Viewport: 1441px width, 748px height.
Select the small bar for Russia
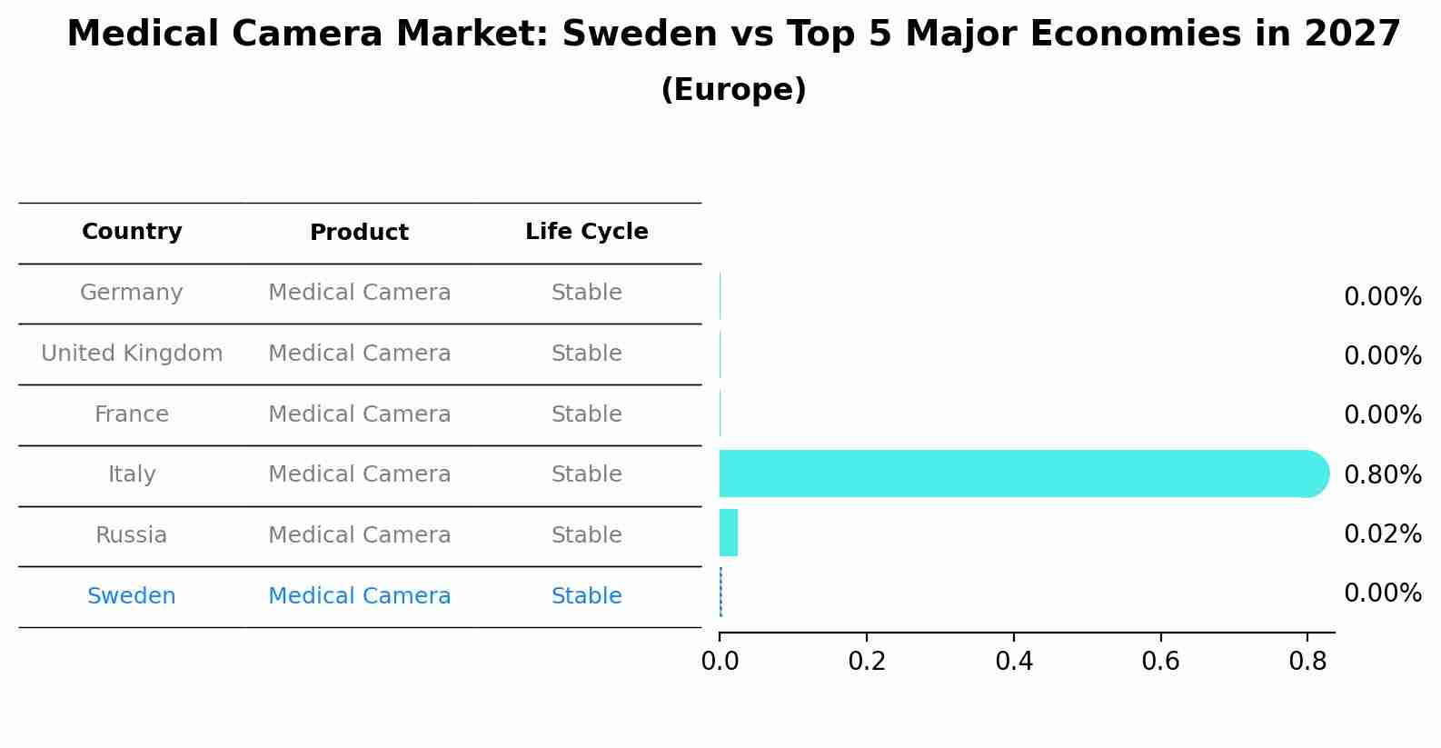pyautogui.click(x=729, y=533)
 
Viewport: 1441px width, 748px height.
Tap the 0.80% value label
pyautogui.click(x=1382, y=474)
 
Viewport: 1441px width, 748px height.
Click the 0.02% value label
pyautogui.click(x=1382, y=534)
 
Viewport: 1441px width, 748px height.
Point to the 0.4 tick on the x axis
pyautogui.click(x=1013, y=661)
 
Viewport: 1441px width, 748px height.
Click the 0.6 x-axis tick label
pyautogui.click(x=1160, y=661)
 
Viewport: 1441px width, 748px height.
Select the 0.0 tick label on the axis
pyautogui.click(x=720, y=661)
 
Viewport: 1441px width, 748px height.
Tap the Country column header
pyautogui.click(x=132, y=232)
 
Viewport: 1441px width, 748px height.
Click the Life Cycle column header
pyautogui.click(x=586, y=232)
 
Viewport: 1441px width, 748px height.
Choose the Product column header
pyautogui.click(x=359, y=233)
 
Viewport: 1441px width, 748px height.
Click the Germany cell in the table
pyautogui.click(x=132, y=293)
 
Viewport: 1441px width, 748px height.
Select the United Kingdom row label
pyautogui.click(x=132, y=354)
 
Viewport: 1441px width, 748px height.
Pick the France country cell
pyautogui.click(x=132, y=414)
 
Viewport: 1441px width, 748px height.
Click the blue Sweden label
pyautogui.click(x=132, y=596)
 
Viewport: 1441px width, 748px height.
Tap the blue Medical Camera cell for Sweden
pyautogui.click(x=359, y=596)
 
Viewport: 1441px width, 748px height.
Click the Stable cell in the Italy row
pyautogui.click(x=586, y=474)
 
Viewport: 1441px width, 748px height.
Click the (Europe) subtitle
pyautogui.click(x=733, y=90)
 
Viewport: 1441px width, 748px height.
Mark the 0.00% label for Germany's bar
pyautogui.click(x=1382, y=297)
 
